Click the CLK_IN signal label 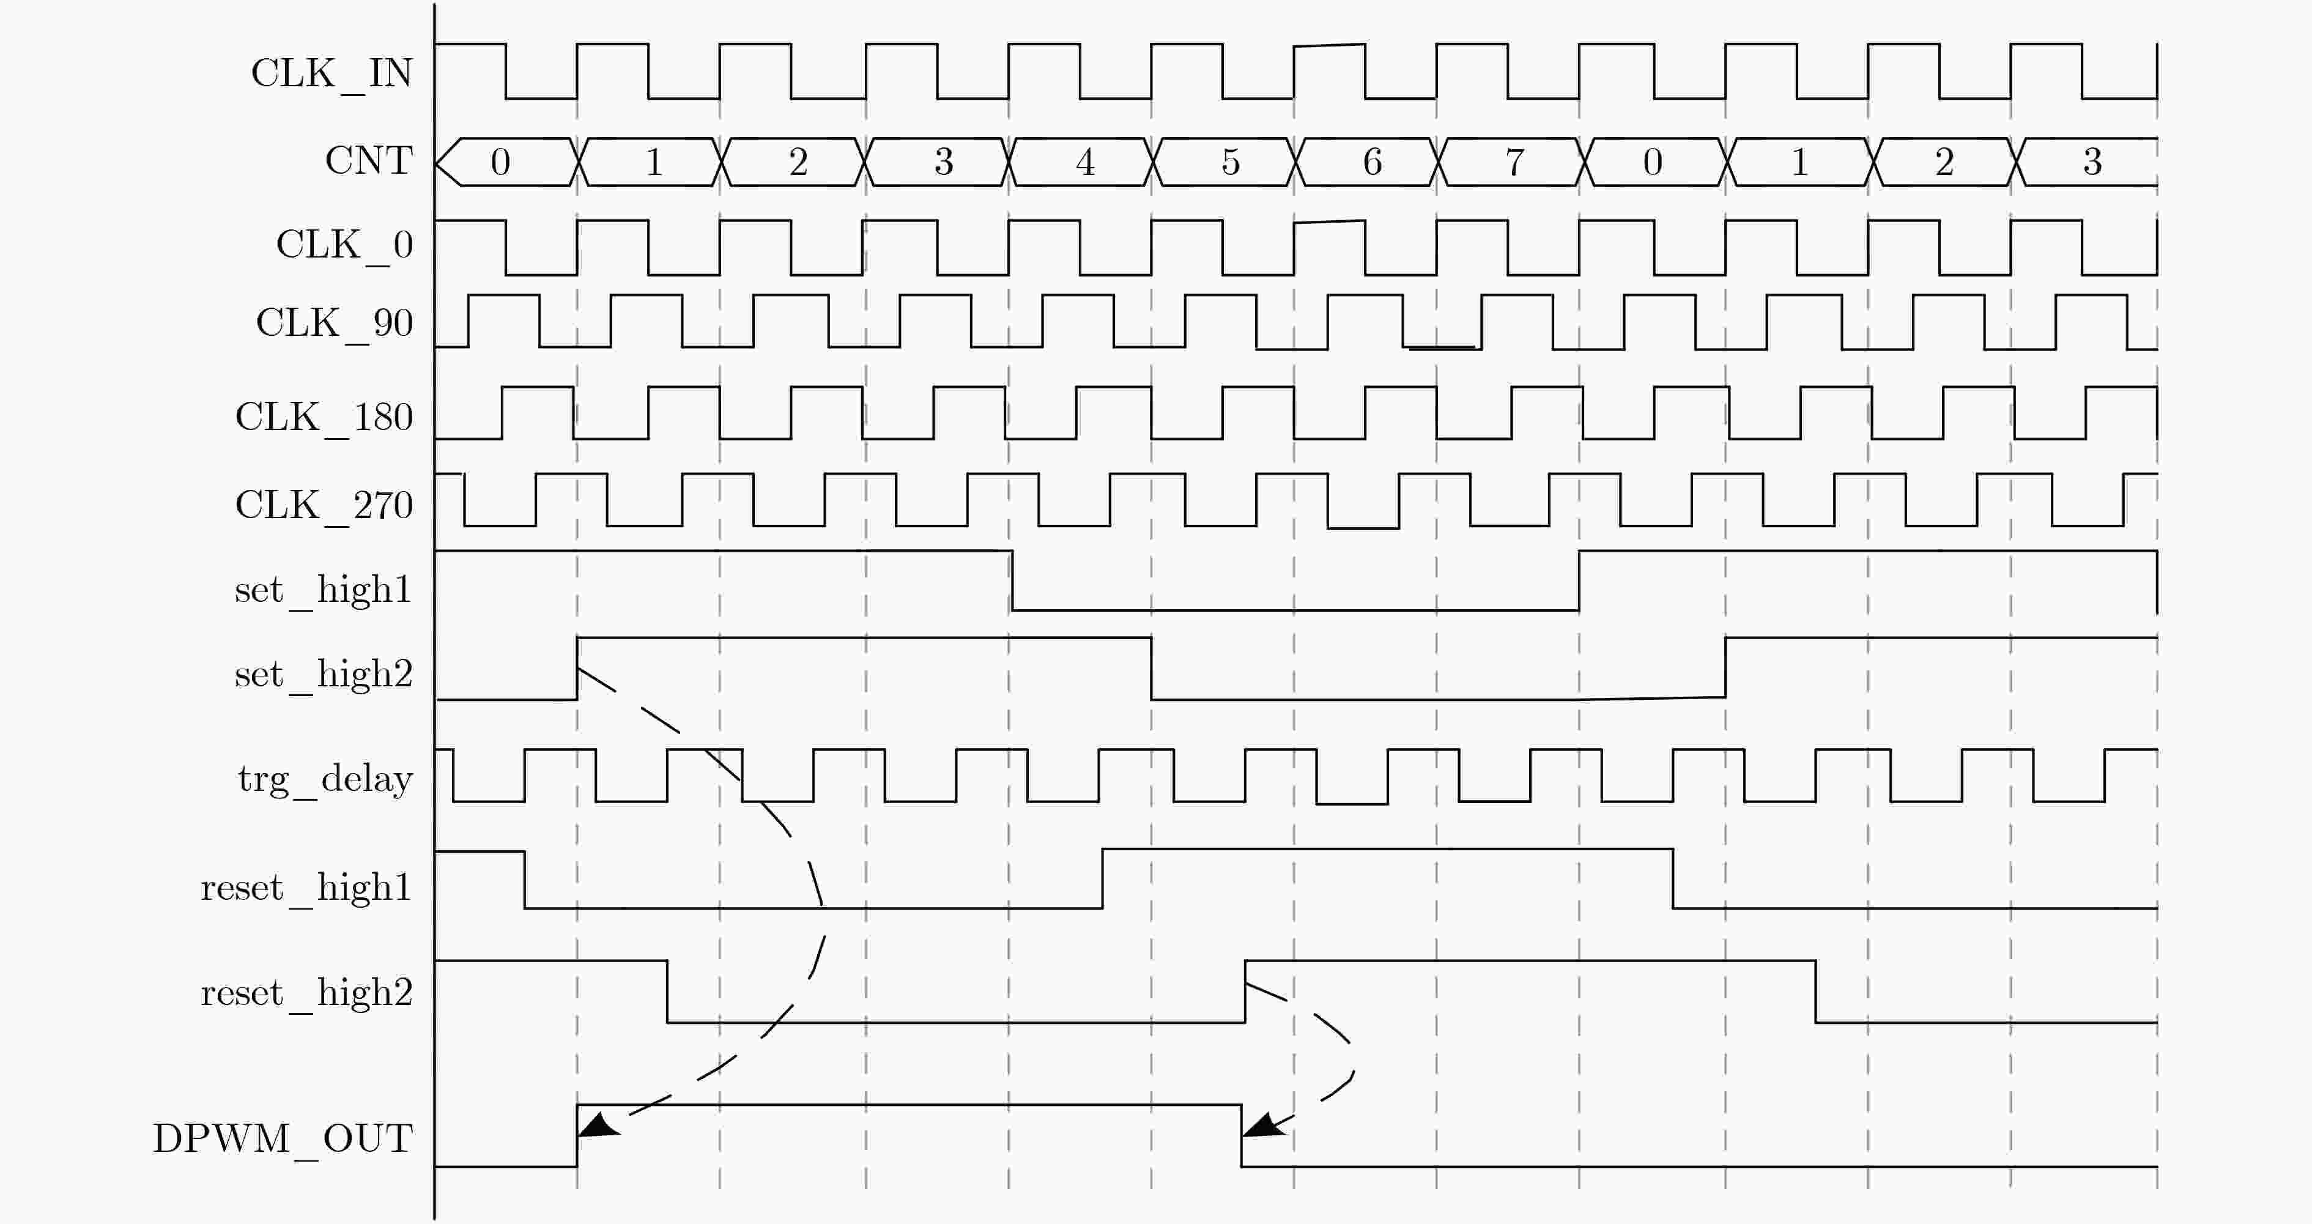[x=331, y=73]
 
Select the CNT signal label [x=369, y=161]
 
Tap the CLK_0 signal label [x=344, y=245]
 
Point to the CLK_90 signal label [x=334, y=323]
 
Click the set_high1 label [x=323, y=590]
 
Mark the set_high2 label [x=323, y=675]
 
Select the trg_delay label [x=325, y=779]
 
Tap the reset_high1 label [x=306, y=888]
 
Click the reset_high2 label [x=306, y=993]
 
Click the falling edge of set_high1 [x=1012, y=580]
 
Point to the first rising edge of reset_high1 [x=1102, y=878]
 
